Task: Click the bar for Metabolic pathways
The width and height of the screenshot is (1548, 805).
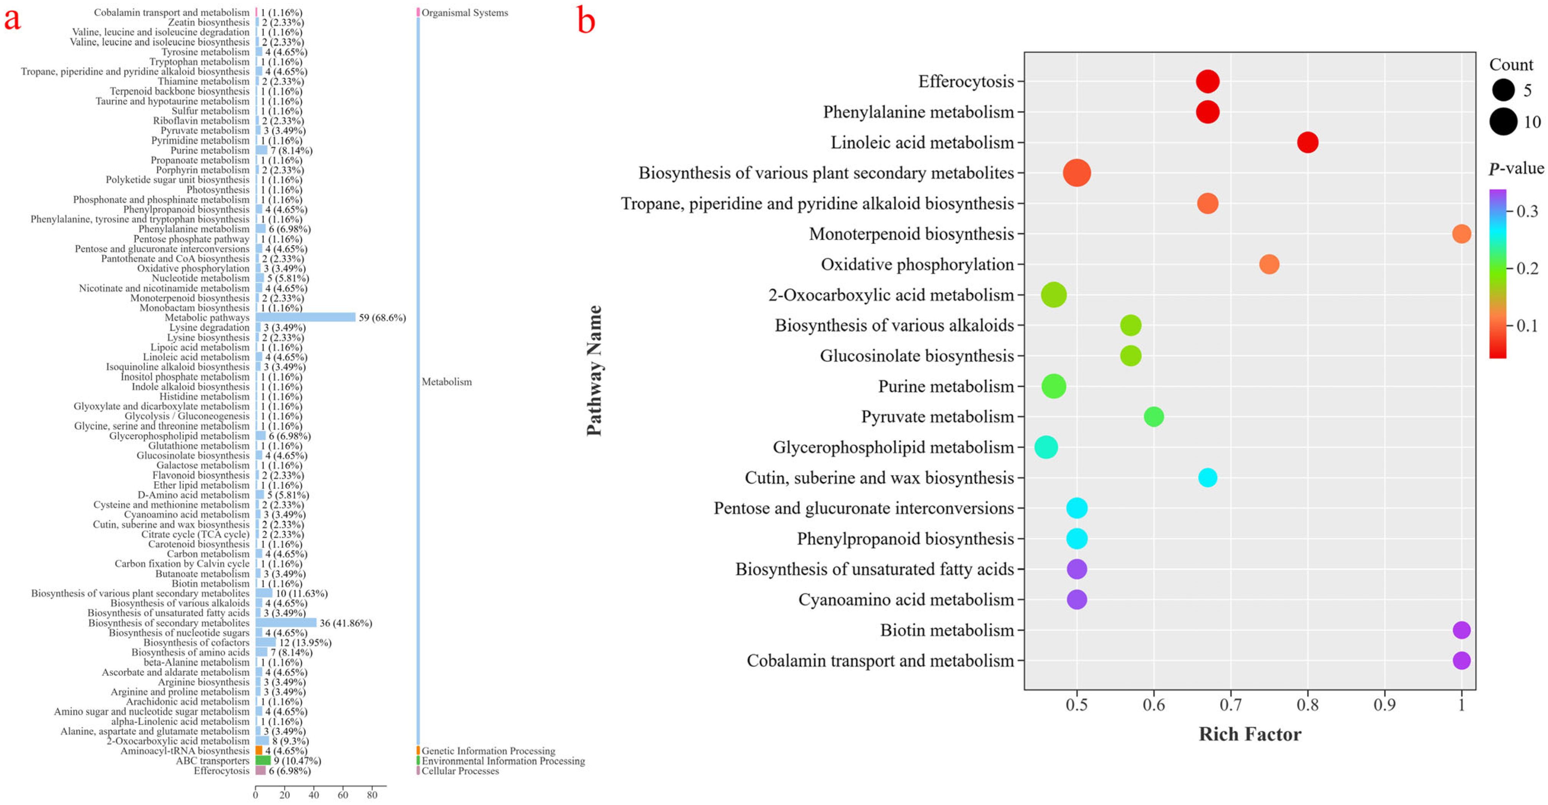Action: [305, 317]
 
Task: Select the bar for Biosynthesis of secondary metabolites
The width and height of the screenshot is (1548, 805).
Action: [286, 623]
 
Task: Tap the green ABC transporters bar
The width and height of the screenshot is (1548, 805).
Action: [263, 760]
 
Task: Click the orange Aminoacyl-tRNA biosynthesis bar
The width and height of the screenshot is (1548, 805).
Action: [259, 751]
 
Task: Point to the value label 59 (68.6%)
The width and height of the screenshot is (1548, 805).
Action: [382, 317]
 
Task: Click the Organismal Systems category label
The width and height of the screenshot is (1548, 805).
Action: [465, 13]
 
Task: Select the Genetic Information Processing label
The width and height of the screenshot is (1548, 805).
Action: [488, 751]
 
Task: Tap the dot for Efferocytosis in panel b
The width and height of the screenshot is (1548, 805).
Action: [1207, 81]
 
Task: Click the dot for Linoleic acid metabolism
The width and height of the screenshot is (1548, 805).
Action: [1307, 143]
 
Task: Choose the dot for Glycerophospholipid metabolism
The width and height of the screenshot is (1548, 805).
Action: [1046, 447]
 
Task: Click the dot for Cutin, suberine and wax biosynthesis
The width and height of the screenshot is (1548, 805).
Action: [1207, 478]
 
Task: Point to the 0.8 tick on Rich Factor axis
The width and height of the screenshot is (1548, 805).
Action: [1307, 705]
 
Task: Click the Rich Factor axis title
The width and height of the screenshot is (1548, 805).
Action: [1250, 734]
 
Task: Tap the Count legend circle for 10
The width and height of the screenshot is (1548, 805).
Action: [1503, 122]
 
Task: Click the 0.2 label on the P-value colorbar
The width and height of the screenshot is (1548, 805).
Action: [1527, 268]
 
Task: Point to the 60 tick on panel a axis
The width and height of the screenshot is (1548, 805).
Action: [343, 795]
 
